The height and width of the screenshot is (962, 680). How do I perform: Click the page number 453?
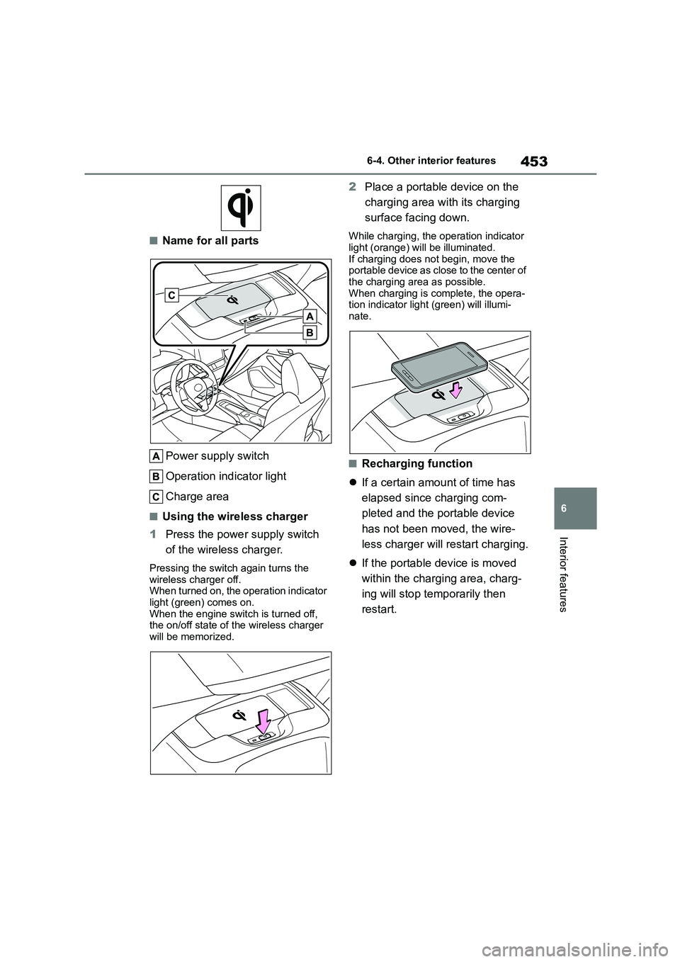coord(534,162)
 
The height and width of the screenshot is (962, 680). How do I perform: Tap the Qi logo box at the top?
coord(240,208)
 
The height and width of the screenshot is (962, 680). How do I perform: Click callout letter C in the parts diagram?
coord(172,295)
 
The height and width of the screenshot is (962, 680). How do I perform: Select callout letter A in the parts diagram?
coord(310,316)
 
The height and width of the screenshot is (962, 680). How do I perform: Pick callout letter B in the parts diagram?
coord(310,332)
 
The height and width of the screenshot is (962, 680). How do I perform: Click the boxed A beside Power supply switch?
coord(157,455)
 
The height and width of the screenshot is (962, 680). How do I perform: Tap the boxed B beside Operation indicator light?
coord(157,476)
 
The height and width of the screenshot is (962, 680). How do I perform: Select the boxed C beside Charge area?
coord(157,496)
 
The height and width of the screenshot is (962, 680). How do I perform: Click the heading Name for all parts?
coord(210,240)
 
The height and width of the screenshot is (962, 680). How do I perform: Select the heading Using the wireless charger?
coord(234,516)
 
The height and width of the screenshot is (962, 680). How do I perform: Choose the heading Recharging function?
coord(416,463)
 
